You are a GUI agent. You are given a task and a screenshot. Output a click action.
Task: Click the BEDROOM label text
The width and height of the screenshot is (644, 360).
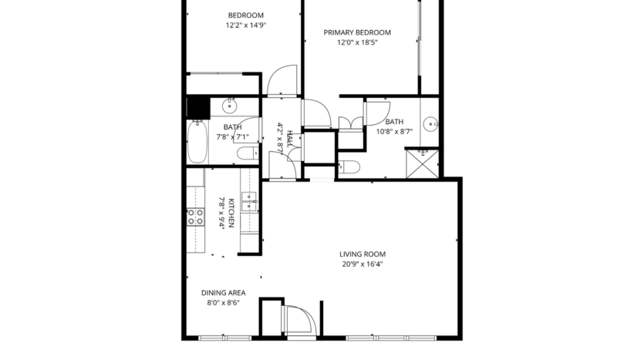click(x=245, y=15)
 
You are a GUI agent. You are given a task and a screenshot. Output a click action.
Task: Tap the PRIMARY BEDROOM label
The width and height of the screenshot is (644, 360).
click(x=356, y=32)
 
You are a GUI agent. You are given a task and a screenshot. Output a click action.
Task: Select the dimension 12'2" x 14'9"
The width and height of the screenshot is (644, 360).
click(x=245, y=25)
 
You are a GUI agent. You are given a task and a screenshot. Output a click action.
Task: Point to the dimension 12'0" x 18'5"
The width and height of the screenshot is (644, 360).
click(x=356, y=42)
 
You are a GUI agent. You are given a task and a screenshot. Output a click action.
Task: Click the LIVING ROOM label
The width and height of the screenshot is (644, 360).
click(x=362, y=254)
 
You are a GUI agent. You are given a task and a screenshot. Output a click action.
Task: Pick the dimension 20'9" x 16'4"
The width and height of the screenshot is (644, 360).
click(x=362, y=264)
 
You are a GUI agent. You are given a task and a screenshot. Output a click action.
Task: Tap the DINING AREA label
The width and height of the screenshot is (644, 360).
click(x=223, y=293)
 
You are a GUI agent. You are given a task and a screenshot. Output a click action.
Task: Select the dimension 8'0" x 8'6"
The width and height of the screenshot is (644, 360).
click(x=223, y=303)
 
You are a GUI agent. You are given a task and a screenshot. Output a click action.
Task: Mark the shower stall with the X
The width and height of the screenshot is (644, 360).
click(x=424, y=162)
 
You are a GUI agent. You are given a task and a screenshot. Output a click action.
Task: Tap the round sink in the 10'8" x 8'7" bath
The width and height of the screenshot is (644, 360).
click(x=432, y=123)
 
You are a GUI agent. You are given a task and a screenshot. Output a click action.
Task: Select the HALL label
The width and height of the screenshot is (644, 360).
click(x=290, y=138)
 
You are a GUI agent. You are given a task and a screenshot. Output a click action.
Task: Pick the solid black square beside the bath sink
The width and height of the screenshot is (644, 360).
click(x=199, y=106)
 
